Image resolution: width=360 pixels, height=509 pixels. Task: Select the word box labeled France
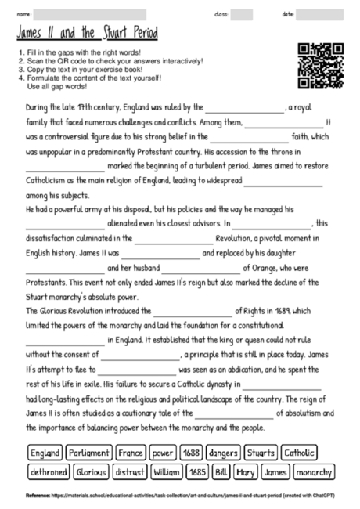pyautogui.click(x=131, y=453)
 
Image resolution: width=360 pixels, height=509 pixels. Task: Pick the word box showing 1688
pyautogui.click(x=192, y=453)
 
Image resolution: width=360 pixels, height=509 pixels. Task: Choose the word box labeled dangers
pyautogui.click(x=224, y=453)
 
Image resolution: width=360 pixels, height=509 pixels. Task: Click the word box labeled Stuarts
pyautogui.click(x=260, y=453)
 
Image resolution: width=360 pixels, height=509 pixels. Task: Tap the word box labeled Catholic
pyautogui.click(x=301, y=453)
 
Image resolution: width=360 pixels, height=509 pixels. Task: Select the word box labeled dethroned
pyautogui.click(x=49, y=473)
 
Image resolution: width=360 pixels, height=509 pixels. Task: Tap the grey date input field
pyautogui.click(x=319, y=14)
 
